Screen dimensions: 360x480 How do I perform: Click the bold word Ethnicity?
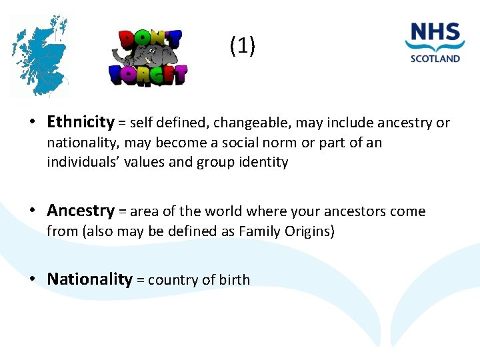(81, 121)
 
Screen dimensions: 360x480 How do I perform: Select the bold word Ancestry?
(81, 211)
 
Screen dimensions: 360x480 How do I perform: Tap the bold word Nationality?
(89, 279)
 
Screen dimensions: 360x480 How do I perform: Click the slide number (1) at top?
(241, 46)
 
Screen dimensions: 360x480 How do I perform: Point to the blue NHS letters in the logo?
(435, 33)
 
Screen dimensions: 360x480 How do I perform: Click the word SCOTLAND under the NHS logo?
(435, 58)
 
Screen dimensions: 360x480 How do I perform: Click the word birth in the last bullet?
(233, 280)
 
